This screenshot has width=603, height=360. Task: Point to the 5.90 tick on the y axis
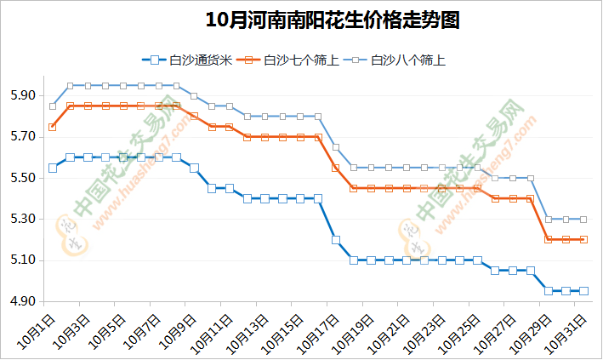(x=23, y=95)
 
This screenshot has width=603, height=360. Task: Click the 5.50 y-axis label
(x=23, y=178)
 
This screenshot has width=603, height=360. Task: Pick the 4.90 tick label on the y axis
(x=23, y=301)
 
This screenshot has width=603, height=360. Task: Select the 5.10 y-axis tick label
(x=23, y=260)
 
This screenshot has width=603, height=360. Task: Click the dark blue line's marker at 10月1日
(x=53, y=168)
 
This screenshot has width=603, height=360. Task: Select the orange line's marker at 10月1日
(x=53, y=127)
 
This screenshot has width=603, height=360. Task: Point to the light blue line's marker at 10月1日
(x=53, y=106)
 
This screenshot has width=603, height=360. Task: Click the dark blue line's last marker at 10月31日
(x=583, y=291)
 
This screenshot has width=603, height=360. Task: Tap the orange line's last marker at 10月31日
(x=583, y=239)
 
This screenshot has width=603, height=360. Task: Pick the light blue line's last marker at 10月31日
(x=583, y=219)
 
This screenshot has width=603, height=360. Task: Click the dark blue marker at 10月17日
(x=336, y=239)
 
